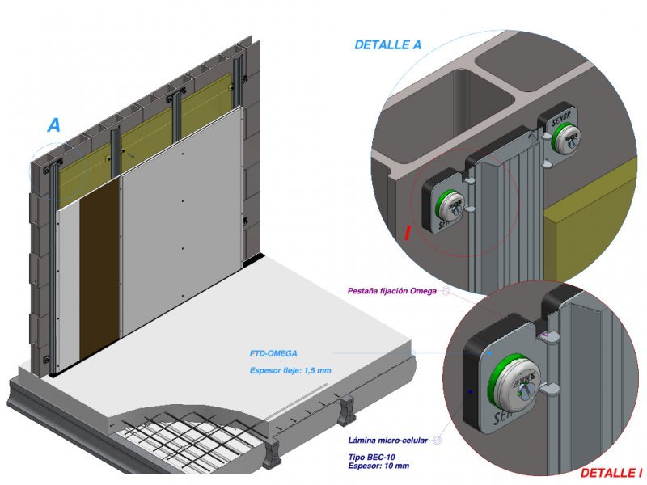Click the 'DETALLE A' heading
[387, 45]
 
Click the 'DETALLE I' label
[611, 472]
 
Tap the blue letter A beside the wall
[53, 125]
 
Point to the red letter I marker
[408, 234]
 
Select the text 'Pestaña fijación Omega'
[391, 291]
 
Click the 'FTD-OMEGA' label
[273, 353]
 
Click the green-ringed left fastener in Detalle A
[449, 203]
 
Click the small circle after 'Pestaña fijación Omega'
[444, 291]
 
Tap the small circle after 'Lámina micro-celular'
[436, 441]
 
